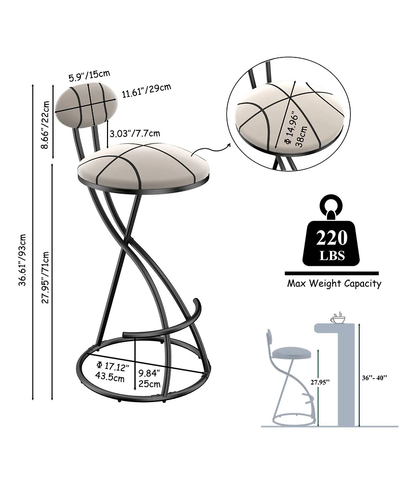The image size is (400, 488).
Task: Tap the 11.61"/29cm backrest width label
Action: click(146, 90)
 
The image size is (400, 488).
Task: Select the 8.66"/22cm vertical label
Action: click(45, 125)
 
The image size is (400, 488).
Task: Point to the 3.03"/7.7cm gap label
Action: click(135, 133)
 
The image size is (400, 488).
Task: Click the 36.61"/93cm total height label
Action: click(22, 260)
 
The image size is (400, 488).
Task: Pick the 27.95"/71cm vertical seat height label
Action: click(45, 277)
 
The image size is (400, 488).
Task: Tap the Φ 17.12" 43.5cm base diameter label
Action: click(112, 372)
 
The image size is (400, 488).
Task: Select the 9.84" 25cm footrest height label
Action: click(149, 378)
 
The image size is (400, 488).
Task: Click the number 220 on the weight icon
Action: click(331, 238)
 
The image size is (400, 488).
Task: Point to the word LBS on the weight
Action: click(332, 256)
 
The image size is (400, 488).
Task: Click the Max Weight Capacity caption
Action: click(334, 284)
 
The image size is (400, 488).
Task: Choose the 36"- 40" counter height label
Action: click(374, 378)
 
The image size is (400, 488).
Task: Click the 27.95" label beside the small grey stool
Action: click(320, 382)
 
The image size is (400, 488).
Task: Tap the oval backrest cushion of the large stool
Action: click(86, 104)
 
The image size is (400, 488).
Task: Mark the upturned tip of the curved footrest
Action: click(196, 301)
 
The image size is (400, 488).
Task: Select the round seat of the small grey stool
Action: click(291, 353)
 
